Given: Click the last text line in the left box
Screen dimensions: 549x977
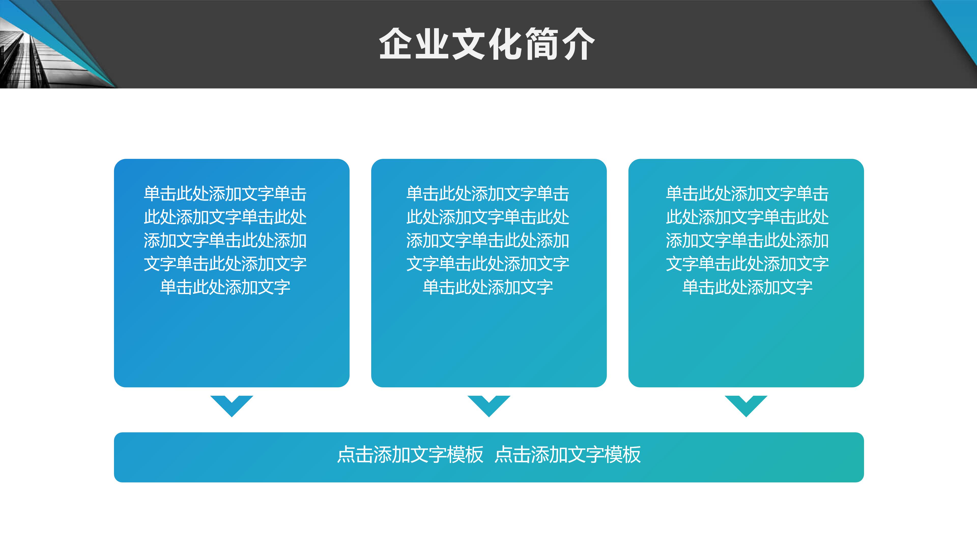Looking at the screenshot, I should click(225, 287).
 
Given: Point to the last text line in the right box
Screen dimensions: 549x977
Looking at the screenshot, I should click(747, 287).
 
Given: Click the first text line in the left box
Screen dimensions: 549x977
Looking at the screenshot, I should click(225, 194).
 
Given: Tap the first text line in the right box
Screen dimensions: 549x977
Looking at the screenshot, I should click(747, 194).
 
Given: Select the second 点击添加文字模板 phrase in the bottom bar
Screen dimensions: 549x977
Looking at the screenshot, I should click(568, 455).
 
